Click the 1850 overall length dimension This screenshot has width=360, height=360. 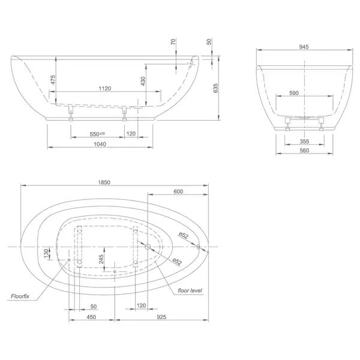(x=104, y=182)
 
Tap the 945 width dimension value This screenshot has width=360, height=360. (x=304, y=47)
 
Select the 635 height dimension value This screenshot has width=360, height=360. (x=215, y=88)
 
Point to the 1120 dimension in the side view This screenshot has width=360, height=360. (x=105, y=88)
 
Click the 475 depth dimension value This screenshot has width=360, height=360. (x=53, y=80)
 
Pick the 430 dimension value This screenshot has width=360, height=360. (x=143, y=81)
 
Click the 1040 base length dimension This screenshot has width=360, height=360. (x=100, y=144)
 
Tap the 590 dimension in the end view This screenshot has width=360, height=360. (x=294, y=93)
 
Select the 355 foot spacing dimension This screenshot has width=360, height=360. (x=304, y=142)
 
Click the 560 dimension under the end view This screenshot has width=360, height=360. (x=304, y=151)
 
